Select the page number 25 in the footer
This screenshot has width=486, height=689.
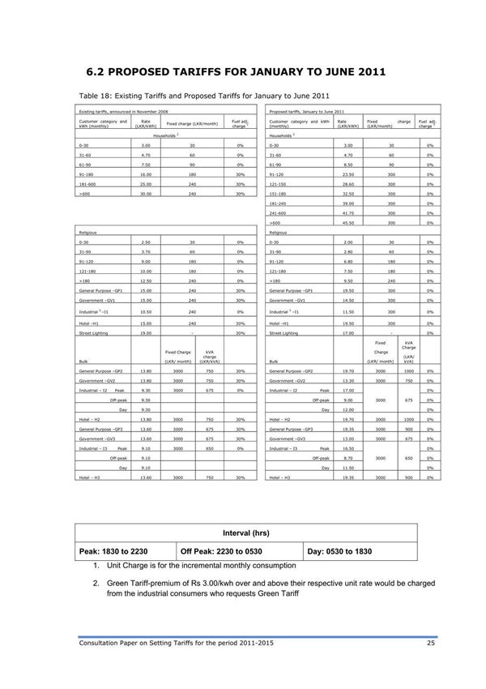[431, 643]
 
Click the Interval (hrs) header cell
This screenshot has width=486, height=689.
[246, 533]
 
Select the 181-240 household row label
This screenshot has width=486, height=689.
[280, 203]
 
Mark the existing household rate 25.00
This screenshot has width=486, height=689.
[145, 184]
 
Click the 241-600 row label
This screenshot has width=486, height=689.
[280, 212]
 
